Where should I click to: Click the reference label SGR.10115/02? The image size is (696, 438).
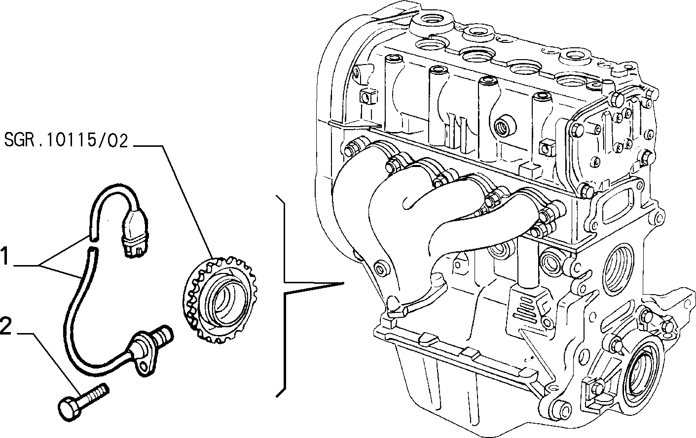(66, 140)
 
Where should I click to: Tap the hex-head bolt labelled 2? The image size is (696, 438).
(83, 403)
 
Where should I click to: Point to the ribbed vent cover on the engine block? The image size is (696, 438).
(527, 308)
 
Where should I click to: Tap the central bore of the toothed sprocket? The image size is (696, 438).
(224, 301)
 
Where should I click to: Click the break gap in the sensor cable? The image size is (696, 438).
(93, 243)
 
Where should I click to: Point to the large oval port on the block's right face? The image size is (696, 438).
(614, 270)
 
